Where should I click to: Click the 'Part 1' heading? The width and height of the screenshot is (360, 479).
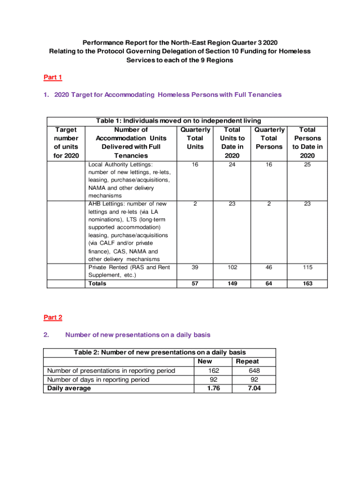[53, 77]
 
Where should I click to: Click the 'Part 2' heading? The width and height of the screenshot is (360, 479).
[53, 318]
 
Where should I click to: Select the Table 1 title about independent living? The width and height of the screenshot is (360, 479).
[179, 121]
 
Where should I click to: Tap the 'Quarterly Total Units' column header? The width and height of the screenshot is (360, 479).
[195, 138]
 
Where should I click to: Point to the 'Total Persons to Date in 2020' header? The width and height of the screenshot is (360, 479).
[307, 143]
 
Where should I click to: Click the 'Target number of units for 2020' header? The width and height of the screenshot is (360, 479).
[66, 143]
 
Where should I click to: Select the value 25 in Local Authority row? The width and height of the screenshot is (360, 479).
[307, 165]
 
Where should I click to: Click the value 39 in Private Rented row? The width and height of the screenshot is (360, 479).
[195, 268]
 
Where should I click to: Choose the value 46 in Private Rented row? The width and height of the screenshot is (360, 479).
[269, 268]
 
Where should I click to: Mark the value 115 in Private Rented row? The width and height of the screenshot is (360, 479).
[307, 268]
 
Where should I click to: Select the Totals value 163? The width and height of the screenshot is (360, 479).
[307, 283]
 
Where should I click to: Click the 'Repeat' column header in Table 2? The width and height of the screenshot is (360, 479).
[247, 362]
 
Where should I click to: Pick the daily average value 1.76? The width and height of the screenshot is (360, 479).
[213, 388]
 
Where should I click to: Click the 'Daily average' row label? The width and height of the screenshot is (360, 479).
[69, 388]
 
